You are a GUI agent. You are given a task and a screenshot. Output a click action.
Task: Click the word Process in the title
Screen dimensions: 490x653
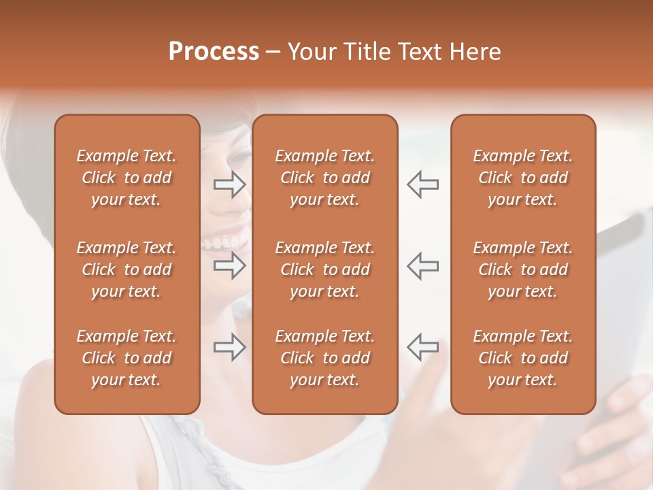214,52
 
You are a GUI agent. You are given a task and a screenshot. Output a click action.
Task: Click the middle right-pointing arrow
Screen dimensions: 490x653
230,266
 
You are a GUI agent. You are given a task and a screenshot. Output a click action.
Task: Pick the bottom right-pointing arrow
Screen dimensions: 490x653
230,348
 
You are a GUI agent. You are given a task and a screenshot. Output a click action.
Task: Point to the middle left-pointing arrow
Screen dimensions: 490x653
422,266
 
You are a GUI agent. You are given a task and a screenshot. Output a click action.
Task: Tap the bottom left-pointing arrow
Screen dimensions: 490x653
422,348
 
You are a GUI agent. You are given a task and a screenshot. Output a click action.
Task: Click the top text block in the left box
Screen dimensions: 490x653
127,178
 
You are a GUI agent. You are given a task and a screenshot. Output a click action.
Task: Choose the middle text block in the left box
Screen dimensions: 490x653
127,269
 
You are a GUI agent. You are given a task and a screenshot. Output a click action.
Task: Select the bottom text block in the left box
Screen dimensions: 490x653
127,358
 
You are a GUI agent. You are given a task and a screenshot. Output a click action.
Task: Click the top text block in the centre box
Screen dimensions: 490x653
325,178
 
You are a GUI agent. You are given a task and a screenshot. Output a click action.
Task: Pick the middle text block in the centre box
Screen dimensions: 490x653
325,269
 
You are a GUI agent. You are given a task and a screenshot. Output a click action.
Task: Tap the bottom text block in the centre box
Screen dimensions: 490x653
325,358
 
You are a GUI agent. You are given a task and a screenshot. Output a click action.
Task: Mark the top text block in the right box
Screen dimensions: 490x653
523,178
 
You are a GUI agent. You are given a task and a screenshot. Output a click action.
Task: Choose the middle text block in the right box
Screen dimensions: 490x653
523,269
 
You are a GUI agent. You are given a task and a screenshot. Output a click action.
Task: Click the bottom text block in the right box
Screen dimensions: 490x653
523,358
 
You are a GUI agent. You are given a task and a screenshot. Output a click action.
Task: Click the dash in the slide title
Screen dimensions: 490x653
272,52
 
